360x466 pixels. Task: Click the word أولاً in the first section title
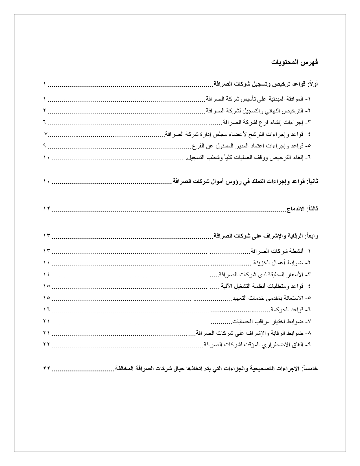tap(313, 84)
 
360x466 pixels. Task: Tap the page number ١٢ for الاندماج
tap(47, 209)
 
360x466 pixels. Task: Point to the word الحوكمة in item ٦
tap(280, 310)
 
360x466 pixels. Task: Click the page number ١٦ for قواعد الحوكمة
tap(47, 310)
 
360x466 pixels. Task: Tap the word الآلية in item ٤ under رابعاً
tap(226, 286)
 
